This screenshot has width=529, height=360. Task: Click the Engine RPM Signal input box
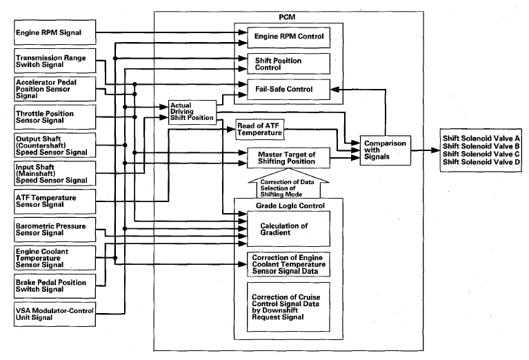(54, 32)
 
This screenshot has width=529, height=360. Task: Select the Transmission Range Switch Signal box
(54, 61)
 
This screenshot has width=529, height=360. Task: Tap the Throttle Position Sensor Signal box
(54, 117)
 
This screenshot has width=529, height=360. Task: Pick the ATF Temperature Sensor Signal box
(54, 201)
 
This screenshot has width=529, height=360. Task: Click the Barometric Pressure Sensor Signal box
(54, 230)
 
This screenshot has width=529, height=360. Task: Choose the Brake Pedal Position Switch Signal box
(54, 286)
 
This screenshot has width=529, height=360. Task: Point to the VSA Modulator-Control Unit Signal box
(54, 314)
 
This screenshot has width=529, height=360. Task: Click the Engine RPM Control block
(288, 37)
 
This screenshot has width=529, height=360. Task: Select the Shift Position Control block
(288, 63)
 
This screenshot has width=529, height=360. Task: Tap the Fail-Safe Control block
(288, 90)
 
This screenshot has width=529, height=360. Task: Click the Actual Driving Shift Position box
(192, 112)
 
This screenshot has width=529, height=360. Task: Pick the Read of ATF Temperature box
(260, 130)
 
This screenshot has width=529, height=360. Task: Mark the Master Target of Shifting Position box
(288, 158)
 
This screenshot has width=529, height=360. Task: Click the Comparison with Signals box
(386, 150)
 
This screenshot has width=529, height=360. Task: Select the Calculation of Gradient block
(288, 229)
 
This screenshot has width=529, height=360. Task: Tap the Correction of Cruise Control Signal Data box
(288, 307)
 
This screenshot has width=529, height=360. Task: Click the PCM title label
(287, 17)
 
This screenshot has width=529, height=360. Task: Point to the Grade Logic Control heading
(290, 206)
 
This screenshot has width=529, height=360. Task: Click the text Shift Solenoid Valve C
(481, 154)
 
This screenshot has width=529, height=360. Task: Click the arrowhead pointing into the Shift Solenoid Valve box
(436, 150)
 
